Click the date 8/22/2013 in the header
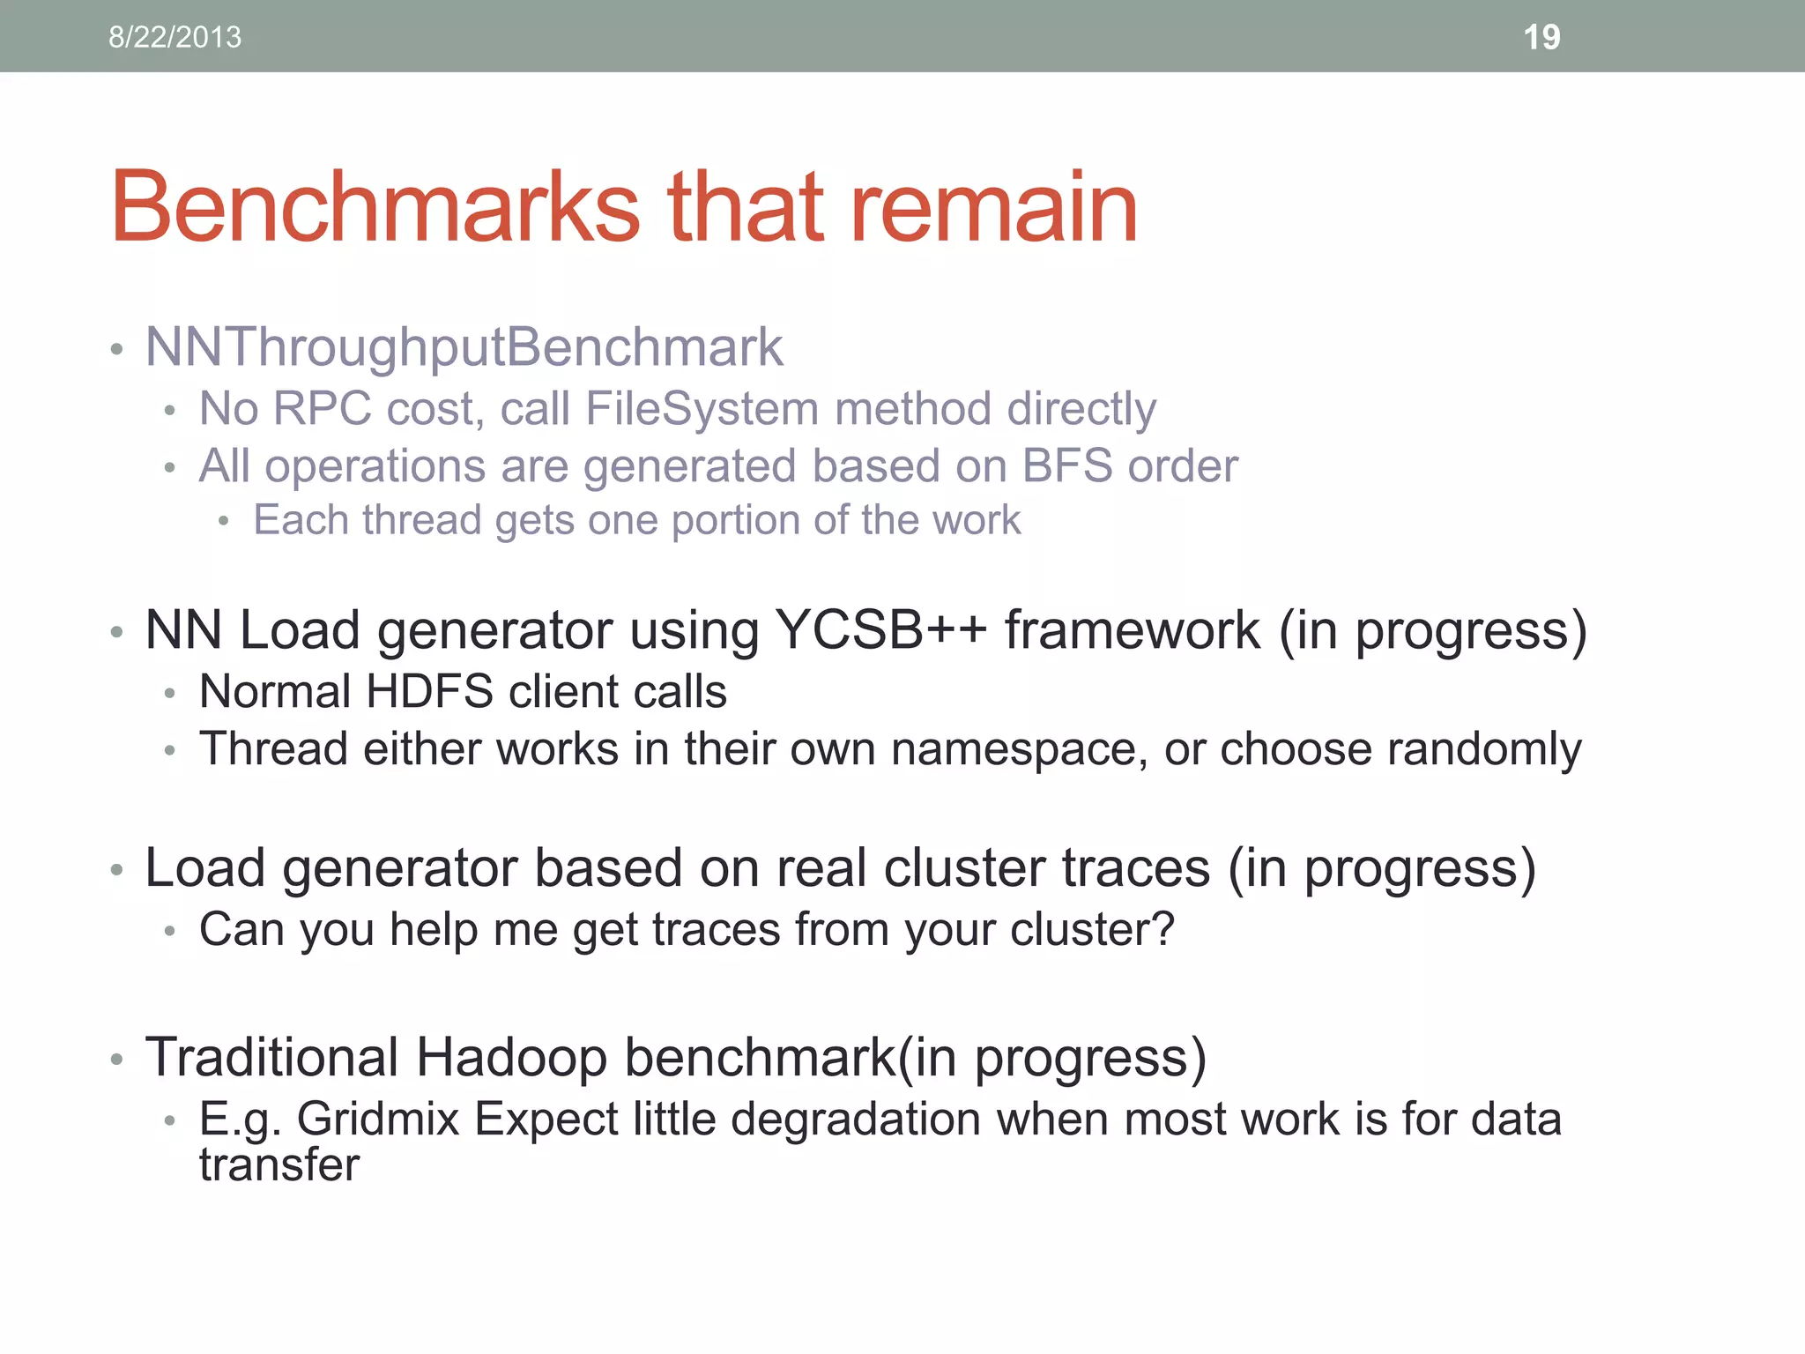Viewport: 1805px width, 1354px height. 175,37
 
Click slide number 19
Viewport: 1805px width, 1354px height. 1541,37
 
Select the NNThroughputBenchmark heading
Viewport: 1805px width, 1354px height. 464,347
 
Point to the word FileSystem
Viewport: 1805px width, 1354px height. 702,409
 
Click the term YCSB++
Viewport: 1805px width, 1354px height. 881,630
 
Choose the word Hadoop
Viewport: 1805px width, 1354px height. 511,1057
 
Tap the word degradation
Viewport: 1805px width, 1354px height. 856,1120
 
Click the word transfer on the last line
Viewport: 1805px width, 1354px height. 279,1165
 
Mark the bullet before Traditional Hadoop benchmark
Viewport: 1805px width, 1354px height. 116,1060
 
